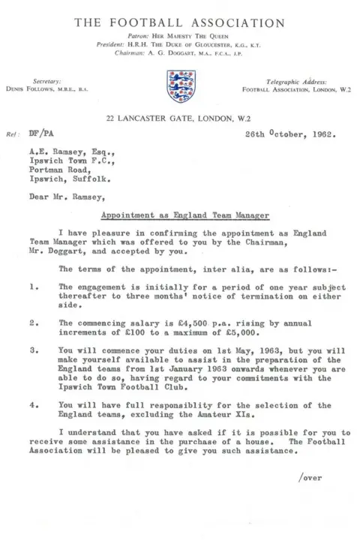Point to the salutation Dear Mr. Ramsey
click(x=77, y=200)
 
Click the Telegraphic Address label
click(x=288, y=80)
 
